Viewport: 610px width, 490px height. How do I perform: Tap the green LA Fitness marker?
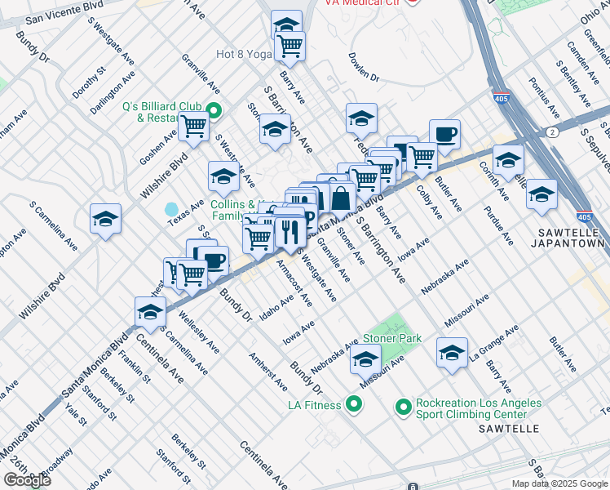point(354,403)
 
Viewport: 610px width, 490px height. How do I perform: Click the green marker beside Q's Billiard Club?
point(214,112)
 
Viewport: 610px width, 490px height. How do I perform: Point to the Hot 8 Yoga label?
point(243,55)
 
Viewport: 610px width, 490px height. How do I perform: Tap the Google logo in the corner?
point(27,479)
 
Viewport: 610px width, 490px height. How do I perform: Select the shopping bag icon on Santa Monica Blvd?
point(342,197)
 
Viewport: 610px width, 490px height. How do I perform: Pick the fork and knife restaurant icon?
point(290,232)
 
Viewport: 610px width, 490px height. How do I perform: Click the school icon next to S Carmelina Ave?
point(105,218)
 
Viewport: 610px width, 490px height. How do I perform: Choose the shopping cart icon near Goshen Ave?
point(193,127)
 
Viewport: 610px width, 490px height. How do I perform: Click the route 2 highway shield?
point(554,131)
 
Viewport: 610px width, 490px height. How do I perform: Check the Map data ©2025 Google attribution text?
point(559,483)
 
